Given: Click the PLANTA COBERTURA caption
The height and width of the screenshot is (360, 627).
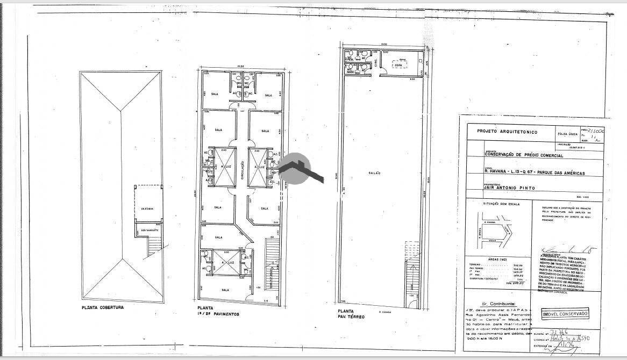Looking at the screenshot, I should click(x=102, y=308).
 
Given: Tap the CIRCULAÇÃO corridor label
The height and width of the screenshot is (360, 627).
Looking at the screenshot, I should click(x=243, y=172).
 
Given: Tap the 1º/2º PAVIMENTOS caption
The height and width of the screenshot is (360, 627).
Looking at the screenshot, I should click(x=218, y=314).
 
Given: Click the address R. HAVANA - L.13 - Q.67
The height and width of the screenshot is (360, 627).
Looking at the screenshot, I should click(x=533, y=173).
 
